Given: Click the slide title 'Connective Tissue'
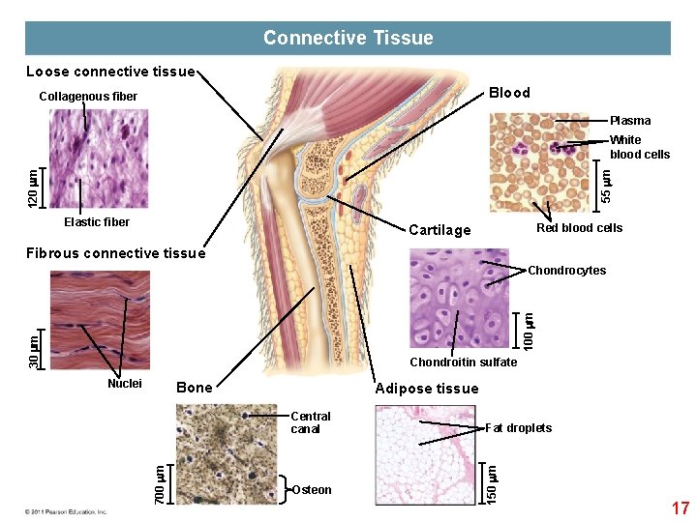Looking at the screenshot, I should pos(348,39).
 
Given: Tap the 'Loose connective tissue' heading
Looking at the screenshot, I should pos(110,72).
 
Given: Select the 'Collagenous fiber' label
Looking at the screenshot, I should pos(88,97).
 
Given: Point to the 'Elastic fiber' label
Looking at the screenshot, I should pos(97,222).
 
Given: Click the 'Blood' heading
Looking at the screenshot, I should pos(509,93).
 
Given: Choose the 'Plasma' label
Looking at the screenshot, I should pos(630,121).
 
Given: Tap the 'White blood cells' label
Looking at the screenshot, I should pos(639,147).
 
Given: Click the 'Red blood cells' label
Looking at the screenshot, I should pos(579,228).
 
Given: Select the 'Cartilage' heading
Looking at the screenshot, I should pos(439,230).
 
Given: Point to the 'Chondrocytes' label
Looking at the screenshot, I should pos(566,271).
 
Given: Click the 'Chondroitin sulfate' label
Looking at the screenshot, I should pos(464,362).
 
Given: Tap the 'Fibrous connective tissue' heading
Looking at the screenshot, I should pos(116,253).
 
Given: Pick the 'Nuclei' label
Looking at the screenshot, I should pos(125,384).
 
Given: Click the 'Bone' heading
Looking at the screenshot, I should pos(195,388).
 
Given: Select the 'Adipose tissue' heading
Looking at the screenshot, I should pos(426,389).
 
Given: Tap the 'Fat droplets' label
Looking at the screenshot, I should pos(518,428).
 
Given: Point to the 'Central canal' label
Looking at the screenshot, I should pos(310,422).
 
